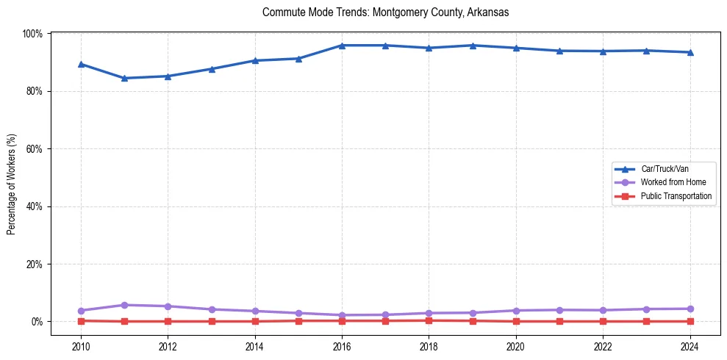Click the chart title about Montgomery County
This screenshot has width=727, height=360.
[385, 12]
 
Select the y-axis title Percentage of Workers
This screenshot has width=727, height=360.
[11, 184]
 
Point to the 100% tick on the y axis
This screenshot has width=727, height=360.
[33, 34]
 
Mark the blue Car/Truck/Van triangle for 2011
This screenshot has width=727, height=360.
[124, 78]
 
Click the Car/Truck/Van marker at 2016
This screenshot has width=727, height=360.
[342, 46]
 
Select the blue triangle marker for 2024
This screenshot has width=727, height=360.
[690, 52]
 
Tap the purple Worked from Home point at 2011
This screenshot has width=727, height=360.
[124, 305]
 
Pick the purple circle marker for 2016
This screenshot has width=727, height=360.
[342, 315]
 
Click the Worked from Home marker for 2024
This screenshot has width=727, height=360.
[690, 309]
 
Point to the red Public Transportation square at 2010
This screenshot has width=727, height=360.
[81, 320]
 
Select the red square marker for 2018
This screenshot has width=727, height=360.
[429, 320]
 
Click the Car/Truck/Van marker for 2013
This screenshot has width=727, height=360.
[212, 69]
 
